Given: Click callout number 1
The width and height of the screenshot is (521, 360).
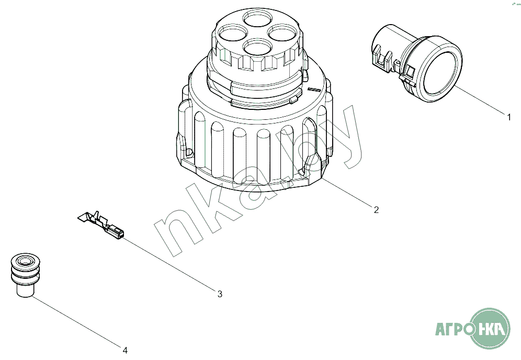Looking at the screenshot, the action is pyautogui.click(x=508, y=117).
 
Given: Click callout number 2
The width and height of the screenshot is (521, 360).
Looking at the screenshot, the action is pyautogui.click(x=376, y=210).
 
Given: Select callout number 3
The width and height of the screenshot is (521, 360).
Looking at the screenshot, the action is pyautogui.click(x=220, y=294).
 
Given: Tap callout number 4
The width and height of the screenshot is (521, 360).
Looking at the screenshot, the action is pyautogui.click(x=125, y=350).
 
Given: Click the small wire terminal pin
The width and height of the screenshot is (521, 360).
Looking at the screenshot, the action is pyautogui.click(x=101, y=224).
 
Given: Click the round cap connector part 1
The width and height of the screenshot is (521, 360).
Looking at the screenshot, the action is pyautogui.click(x=417, y=63).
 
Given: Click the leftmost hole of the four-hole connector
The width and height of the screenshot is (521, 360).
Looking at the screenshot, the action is pyautogui.click(x=233, y=33).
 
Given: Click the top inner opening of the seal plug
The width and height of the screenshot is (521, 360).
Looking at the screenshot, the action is pyautogui.click(x=25, y=261).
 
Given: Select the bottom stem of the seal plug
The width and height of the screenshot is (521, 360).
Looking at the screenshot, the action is pyautogui.click(x=25, y=290).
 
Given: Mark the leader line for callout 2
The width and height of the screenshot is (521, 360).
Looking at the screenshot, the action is pyautogui.click(x=347, y=192).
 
